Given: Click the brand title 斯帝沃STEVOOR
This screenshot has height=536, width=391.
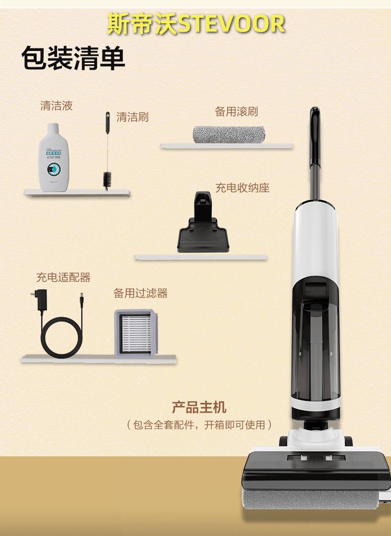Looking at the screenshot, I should (x=196, y=24).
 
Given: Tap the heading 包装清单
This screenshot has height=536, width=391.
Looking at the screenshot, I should (x=73, y=59).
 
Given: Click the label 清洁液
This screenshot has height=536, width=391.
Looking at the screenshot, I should (x=56, y=105).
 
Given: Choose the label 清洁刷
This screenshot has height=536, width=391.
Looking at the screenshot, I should (x=132, y=117).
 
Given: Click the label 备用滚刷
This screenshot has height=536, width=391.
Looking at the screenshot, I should (x=236, y=111).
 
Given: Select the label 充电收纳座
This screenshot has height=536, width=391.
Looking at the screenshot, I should (x=242, y=188).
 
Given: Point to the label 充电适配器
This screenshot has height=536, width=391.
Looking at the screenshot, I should (x=63, y=277).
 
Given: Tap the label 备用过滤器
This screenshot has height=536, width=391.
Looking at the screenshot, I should (x=141, y=293).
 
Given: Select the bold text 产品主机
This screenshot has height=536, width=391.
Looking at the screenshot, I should (x=199, y=407).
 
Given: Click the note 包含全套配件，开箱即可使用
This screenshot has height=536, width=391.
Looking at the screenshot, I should (x=199, y=425).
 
